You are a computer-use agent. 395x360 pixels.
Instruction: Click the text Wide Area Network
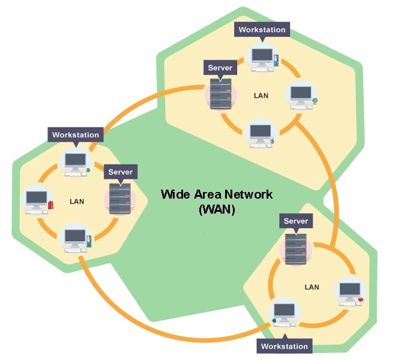217,194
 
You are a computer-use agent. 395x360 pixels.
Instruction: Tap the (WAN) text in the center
217,209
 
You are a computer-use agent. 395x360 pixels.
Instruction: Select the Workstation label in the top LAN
262,30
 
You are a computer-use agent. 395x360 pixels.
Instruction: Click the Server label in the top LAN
220,68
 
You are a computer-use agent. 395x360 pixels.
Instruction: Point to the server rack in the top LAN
221,94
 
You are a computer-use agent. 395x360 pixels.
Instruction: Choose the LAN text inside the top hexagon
261,95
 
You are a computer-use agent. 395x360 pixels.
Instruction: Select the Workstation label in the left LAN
76,134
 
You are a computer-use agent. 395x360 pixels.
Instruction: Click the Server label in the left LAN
121,172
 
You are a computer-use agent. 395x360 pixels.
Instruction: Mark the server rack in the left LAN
120,199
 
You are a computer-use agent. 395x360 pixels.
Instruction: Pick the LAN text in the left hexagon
77,202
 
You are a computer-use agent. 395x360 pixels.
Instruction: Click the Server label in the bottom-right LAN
296,221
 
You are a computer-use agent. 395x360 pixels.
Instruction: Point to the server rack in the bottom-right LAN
296,249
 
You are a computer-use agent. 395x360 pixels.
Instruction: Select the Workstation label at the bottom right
285,346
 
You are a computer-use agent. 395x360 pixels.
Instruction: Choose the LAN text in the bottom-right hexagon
312,287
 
